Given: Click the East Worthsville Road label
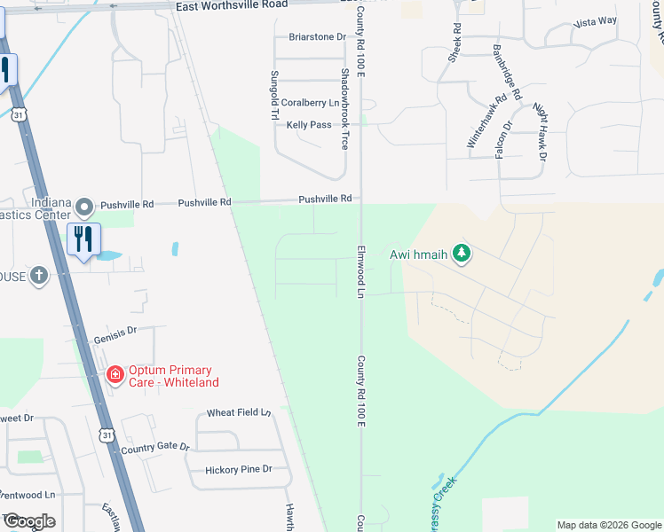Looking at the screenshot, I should tap(232, 5).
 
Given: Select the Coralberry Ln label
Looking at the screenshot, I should tap(311, 103).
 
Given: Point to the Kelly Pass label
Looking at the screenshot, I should tap(309, 125).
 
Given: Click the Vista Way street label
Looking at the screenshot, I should tap(596, 21).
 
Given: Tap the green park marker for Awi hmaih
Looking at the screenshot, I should tap(461, 254).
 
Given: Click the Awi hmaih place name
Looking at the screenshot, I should tap(419, 254).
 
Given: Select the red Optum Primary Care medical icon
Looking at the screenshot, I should tap(115, 375).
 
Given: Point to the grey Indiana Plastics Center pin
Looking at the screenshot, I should tap(84, 207).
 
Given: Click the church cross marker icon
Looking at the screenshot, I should tap(38, 276).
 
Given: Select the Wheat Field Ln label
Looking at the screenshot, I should tap(238, 413).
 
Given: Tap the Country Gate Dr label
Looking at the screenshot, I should tap(155, 447).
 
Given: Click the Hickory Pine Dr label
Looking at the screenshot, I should tap(238, 469).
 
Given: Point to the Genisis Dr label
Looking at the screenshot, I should tap(115, 332).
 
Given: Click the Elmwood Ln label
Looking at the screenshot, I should tap(361, 272).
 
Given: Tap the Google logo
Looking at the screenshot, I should tap(29, 521).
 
